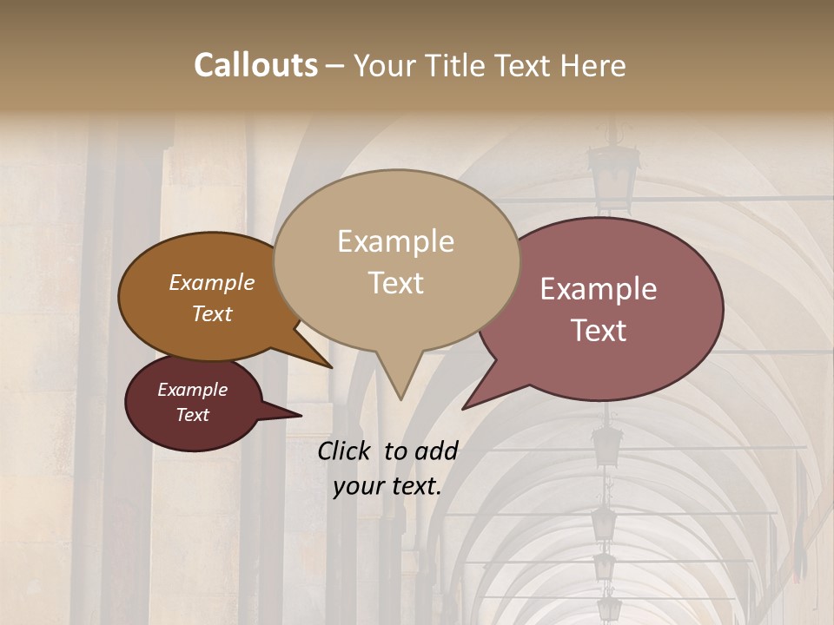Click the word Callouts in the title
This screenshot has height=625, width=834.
pos(255,65)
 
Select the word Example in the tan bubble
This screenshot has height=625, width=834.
pos(395,241)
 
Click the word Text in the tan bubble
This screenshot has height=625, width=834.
pos(395,283)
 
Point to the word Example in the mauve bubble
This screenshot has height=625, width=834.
pos(599,289)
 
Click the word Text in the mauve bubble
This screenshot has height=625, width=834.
pos(599,331)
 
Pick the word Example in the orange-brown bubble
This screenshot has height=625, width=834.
pos(211,282)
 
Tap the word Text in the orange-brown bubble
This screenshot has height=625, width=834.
pos(211,313)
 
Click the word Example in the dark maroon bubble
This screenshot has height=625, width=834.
pos(192,390)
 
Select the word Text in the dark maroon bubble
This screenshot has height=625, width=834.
pos(192,415)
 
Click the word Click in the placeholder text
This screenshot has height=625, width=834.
pos(345,451)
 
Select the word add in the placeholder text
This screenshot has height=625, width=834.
pos(436,451)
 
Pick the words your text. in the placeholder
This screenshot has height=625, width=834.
pos(387,486)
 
